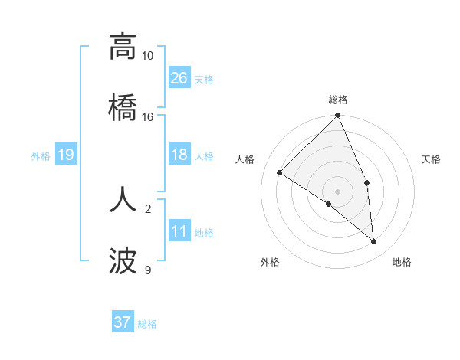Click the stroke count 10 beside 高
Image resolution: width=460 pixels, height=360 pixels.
click(147, 56)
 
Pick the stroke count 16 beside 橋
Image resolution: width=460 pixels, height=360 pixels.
click(147, 117)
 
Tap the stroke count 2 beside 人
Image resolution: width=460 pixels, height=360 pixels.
click(147, 208)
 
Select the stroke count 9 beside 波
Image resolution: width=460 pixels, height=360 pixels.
click(147, 270)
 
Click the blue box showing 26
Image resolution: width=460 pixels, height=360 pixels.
click(179, 78)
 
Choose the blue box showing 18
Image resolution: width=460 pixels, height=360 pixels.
click(179, 155)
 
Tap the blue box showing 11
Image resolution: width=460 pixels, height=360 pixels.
click(179, 231)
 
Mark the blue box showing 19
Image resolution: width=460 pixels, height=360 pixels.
click(65, 155)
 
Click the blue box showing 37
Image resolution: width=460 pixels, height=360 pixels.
click(123, 322)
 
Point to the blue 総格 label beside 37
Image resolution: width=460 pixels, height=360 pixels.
click(147, 324)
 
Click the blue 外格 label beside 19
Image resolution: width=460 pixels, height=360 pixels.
click(41, 156)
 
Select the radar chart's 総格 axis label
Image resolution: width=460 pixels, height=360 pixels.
click(338, 100)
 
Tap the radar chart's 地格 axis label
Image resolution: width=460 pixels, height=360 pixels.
click(402, 262)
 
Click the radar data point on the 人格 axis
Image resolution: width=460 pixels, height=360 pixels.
click(280, 173)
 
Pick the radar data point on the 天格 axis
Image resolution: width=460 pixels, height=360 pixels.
click(366, 182)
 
